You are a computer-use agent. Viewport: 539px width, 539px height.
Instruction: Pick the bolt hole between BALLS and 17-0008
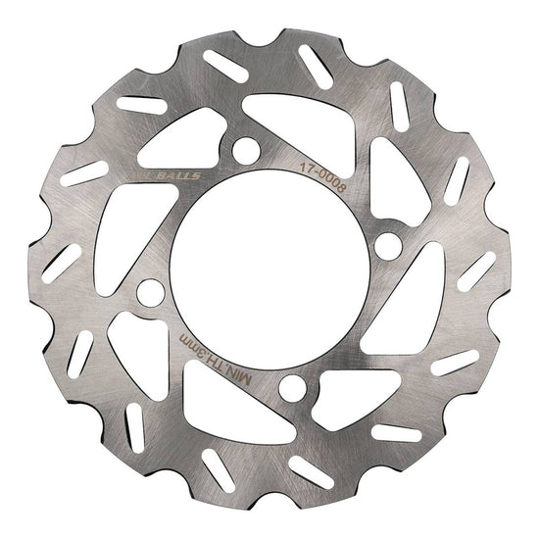[246, 148]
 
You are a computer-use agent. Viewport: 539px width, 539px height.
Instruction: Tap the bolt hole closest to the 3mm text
[149, 292]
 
